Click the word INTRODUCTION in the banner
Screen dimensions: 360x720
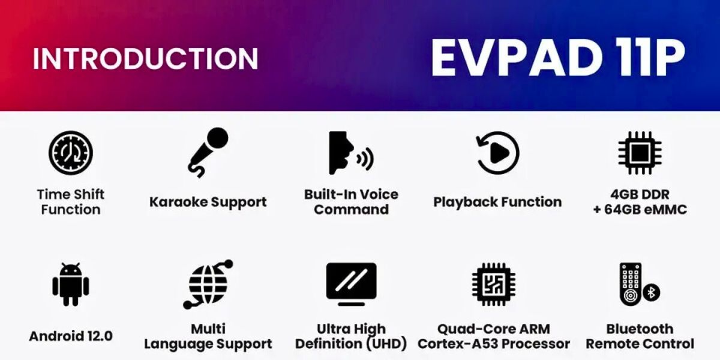pyautogui.click(x=145, y=58)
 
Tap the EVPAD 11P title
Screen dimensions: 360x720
pyautogui.click(x=558, y=58)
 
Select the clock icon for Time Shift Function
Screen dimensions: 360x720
pyautogui.click(x=71, y=153)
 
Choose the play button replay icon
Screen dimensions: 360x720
pyautogui.click(x=497, y=153)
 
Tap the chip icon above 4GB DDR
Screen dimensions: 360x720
pyautogui.click(x=640, y=153)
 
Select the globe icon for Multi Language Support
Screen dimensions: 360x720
pyautogui.click(x=208, y=284)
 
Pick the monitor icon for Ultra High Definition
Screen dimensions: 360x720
pyautogui.click(x=351, y=283)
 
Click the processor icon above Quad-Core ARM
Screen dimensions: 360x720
pyautogui.click(x=493, y=284)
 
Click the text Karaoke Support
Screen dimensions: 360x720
pyautogui.click(x=208, y=202)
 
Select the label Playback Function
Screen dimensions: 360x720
pyautogui.click(x=497, y=202)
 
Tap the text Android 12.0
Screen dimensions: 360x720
pyautogui.click(x=71, y=336)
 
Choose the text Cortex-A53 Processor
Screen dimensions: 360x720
pyautogui.click(x=493, y=344)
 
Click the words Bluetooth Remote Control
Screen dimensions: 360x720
pyautogui.click(x=640, y=337)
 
